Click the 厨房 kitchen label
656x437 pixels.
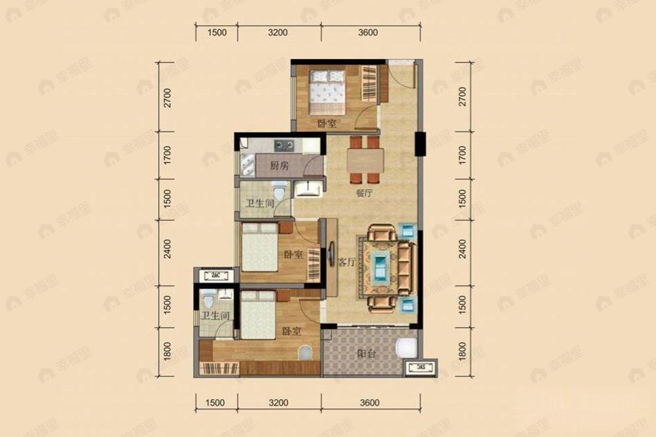click(x=279, y=165)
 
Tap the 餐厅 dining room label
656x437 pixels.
click(x=364, y=194)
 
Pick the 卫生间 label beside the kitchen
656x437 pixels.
click(x=259, y=204)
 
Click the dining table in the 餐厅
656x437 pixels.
click(x=364, y=159)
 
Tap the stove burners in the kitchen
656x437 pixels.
click(x=284, y=144)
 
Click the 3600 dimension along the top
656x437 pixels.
click(x=368, y=32)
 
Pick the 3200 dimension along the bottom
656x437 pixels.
click(x=278, y=402)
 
